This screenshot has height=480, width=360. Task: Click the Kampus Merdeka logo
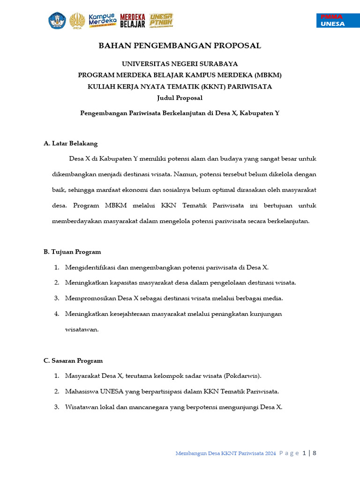point(102,20)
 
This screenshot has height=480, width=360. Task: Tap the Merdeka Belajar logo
point(133,21)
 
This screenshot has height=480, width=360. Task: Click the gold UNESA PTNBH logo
point(161,20)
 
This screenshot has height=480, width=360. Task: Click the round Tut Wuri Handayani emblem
point(57,20)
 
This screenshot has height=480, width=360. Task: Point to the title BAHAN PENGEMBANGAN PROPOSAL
point(180,45)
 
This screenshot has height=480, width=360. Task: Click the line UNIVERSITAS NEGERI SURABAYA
point(180,64)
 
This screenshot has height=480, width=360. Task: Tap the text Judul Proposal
point(180,98)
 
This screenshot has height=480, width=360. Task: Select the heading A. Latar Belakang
point(70,143)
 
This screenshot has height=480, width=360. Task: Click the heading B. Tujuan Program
point(72,252)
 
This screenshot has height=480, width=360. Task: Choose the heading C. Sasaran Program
point(73,360)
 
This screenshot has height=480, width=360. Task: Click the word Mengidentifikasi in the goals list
point(90,267)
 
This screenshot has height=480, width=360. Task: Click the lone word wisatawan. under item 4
point(82,329)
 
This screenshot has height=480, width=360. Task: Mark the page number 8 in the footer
point(315,453)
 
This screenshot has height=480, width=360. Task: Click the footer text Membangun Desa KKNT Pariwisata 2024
point(225,453)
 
